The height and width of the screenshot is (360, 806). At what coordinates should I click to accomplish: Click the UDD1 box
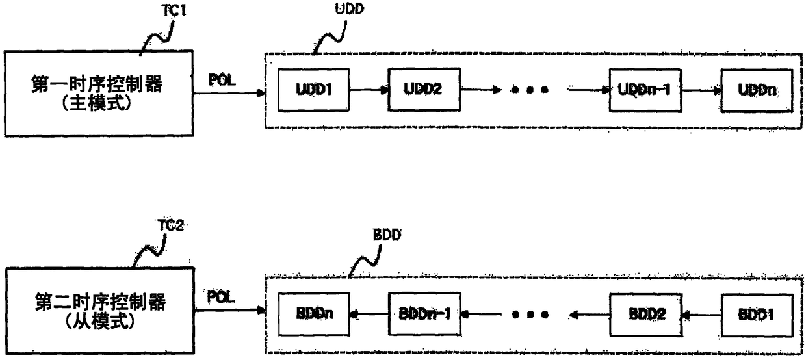313,90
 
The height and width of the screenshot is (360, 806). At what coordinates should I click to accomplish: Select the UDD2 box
424,89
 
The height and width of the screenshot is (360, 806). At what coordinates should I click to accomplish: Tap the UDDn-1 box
645,90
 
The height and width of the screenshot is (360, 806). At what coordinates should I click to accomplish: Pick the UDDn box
757,90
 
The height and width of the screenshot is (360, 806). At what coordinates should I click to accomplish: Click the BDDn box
314,315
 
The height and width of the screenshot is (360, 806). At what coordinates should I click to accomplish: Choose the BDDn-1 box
424,315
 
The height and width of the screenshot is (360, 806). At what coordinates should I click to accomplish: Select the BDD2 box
646,315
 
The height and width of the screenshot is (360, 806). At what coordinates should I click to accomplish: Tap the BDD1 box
757,315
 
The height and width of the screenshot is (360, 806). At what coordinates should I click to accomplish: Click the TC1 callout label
174,10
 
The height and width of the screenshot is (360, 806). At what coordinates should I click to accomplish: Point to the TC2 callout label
171,225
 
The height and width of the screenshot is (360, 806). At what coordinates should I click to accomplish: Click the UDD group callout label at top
350,8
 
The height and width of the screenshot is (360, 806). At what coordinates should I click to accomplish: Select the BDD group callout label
387,235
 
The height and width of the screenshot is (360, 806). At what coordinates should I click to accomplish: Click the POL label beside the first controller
222,80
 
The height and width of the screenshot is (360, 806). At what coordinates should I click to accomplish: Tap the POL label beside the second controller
221,298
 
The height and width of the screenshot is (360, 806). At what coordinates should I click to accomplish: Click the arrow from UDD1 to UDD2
369,90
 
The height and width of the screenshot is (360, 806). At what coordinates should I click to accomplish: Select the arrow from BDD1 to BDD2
701,316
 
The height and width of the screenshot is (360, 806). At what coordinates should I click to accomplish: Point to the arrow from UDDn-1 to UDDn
701,90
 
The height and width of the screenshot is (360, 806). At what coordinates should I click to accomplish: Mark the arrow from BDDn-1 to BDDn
369,315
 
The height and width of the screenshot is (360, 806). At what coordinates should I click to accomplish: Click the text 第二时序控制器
100,302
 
